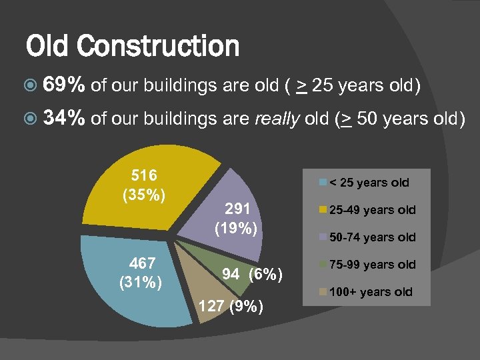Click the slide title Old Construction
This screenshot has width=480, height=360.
point(132,46)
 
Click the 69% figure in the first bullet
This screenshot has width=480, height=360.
point(64,85)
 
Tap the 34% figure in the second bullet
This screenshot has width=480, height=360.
point(64,119)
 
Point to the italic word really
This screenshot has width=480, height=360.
point(279,119)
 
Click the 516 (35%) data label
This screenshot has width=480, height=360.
point(144,186)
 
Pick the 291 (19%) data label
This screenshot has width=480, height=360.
point(237,219)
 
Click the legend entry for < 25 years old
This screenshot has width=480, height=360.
point(369,182)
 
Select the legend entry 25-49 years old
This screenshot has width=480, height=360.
point(371,210)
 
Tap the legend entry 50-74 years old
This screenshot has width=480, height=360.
point(371,237)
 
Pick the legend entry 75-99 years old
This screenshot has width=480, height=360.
point(371,265)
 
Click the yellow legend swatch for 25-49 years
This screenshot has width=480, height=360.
point(323,210)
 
